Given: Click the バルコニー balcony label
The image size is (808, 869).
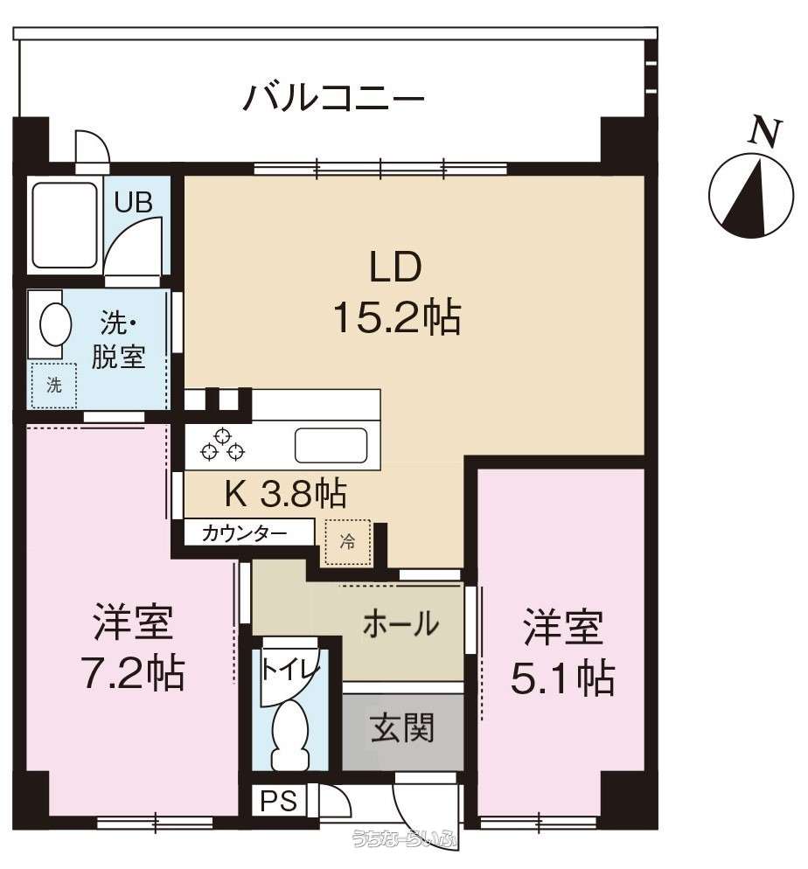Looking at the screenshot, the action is point(334,98).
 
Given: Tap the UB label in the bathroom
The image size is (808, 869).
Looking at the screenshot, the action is point(133,202).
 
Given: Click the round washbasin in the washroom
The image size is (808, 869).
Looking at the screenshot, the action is point(55,324).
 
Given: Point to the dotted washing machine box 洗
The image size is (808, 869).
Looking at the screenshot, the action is point(53,386).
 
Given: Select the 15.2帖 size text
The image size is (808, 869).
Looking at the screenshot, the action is point(397,316).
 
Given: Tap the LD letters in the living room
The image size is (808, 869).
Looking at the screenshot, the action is point(395,267).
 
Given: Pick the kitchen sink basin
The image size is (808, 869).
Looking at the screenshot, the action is point(331,445).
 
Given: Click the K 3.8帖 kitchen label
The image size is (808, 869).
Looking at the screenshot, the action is point(285,493).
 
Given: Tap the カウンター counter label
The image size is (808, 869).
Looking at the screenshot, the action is point(244,533).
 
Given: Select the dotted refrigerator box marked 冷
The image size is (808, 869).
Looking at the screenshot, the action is point(347,542).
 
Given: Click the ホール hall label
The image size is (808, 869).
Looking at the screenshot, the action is point(401,624).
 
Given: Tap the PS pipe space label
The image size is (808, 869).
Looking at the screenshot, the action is point(279,801).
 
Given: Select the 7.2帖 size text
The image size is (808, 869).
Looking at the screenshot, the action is point(133,672).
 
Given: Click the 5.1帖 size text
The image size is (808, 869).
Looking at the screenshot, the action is point(562,678).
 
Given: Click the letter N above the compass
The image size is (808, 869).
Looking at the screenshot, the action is point(766,133).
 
